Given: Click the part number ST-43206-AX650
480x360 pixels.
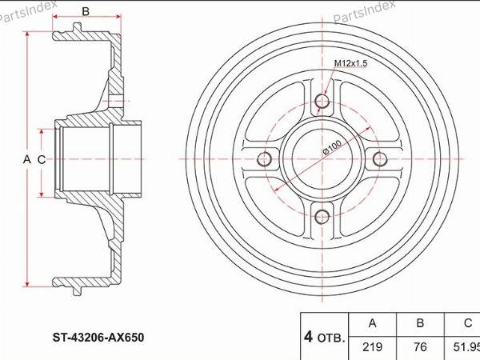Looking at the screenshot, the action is point(98,338).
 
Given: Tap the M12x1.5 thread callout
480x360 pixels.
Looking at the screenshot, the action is point(350,64).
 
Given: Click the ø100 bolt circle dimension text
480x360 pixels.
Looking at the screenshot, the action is point(333,147).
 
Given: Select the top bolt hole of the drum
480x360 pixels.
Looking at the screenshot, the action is point(322,102).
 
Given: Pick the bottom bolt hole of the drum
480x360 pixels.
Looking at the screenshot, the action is point(322,217).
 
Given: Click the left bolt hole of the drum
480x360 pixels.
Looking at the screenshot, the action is point(264,159).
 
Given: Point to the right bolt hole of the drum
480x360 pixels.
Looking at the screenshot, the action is point(380,159).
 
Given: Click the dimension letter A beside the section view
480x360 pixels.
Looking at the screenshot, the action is point(27,159).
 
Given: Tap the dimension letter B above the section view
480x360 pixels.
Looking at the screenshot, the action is point(86,11).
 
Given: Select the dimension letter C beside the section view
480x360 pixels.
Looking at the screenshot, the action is point(42,159).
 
